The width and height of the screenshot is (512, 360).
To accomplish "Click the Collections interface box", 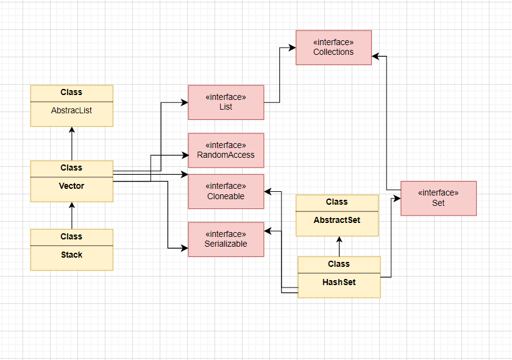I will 333,48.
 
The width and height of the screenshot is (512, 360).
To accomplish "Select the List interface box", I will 226,102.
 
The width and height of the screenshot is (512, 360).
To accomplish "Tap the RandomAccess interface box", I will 226,150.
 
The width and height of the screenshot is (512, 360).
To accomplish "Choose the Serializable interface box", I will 226,239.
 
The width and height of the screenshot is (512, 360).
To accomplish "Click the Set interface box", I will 438,198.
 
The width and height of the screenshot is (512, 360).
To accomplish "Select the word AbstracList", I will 72,111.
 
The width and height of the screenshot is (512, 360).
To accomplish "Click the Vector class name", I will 72,186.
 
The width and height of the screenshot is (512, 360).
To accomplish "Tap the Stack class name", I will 72,255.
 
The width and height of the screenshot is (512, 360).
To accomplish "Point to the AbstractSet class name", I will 337,220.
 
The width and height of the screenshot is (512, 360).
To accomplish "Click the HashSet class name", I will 339,282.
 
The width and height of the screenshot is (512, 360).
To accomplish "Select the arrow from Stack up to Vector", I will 72,216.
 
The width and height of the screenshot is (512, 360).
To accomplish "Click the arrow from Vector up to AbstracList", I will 72,144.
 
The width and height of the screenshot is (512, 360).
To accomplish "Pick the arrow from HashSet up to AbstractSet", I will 339,246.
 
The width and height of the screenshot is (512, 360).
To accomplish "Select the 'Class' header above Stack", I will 72,236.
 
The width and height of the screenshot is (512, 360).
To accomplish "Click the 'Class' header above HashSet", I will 339,264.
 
